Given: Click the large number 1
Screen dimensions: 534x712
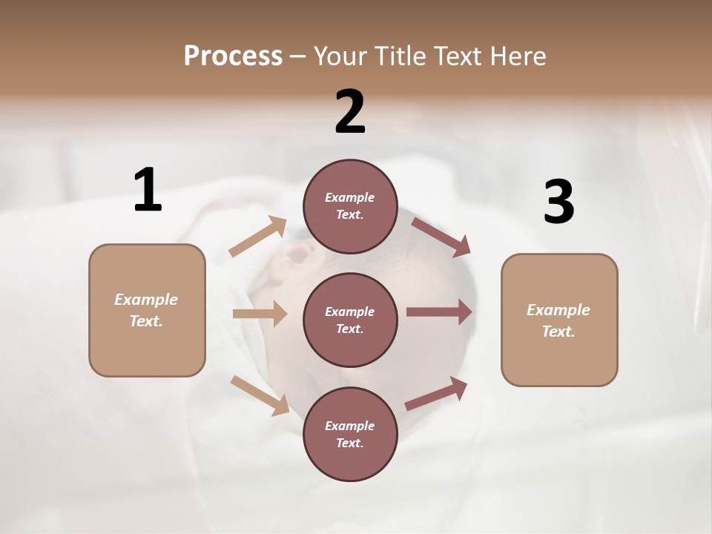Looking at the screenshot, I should point(148,190).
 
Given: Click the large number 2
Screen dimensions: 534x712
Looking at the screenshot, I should point(350,112).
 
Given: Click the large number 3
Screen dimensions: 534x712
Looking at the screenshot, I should point(558,202).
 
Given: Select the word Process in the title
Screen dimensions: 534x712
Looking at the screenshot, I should point(233,56).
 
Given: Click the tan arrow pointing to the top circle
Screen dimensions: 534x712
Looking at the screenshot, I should point(258,237).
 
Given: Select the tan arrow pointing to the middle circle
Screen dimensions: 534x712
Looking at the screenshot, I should point(260,314).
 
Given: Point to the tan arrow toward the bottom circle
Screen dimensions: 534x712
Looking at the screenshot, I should point(260,395).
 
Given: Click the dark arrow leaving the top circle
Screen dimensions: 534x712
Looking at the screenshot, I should point(441,237).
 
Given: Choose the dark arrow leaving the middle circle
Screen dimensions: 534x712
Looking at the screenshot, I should point(439,311).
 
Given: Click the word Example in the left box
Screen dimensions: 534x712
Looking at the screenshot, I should point(146,300).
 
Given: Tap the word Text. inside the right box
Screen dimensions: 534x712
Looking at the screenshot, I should point(558,332).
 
